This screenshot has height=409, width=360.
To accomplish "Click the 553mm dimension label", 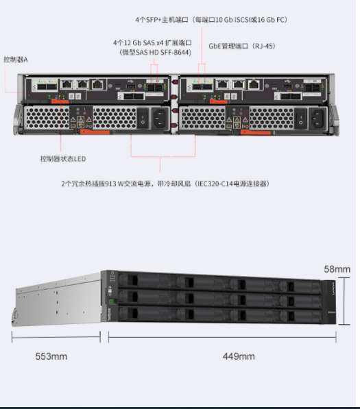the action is coord(51,356).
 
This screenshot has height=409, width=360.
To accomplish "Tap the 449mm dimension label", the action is coord(239,356).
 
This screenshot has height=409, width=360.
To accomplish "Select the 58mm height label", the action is coord(337,269).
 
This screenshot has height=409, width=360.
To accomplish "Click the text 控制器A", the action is coord(16,60).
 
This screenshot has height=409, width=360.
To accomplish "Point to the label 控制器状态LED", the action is coord(63,158).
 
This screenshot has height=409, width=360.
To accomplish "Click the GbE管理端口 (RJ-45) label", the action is coord(242,46).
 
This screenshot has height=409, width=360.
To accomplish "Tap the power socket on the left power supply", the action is coord(160,118).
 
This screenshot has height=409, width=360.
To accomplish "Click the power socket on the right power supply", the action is coord(317,119).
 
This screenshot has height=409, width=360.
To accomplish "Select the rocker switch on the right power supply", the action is coord(301,119).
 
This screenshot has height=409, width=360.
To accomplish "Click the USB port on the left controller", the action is coord(130,86).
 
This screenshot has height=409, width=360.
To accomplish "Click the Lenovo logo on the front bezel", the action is coord(333,288).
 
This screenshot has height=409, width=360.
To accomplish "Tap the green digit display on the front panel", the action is coord(112,301).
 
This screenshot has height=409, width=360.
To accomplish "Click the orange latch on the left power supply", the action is coord(95,132).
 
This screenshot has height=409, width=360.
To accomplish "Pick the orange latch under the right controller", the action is coord(218,101).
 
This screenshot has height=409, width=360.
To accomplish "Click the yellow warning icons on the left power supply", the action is coord(81,120).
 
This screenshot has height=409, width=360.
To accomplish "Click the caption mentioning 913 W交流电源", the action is coord(165,184).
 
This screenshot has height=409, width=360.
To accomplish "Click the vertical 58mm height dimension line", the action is coord(344,301).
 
